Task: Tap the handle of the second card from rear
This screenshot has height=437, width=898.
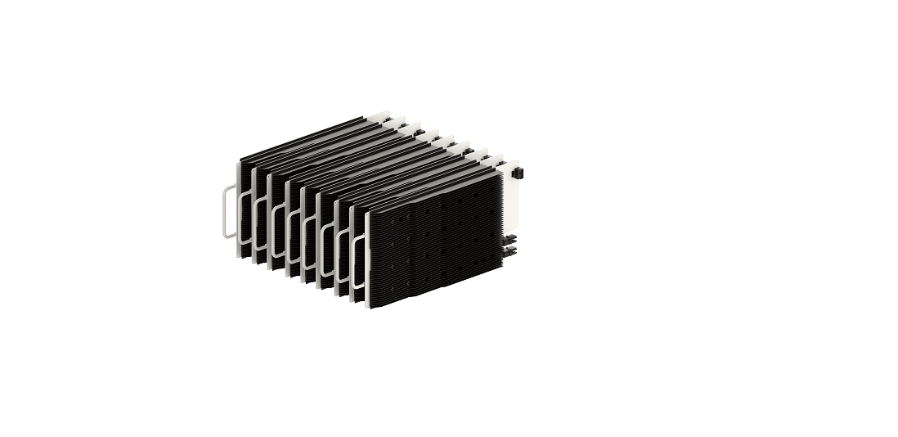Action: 244,219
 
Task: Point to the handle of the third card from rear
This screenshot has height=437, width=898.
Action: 260,225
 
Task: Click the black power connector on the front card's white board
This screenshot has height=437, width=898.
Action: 517,173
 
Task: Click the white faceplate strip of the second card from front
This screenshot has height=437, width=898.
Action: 355,250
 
